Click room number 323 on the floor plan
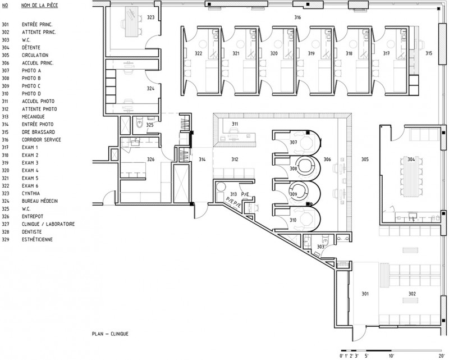[150, 17]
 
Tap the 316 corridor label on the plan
[297, 17]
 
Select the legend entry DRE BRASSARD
[38, 132]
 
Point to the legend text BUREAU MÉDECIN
[40, 201]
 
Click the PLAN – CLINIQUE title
[110, 334]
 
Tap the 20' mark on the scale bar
[441, 356]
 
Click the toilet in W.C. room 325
[139, 124]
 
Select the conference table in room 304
[411, 176]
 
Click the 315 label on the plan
[429, 53]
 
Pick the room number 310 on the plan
[293, 220]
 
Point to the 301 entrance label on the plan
[365, 294]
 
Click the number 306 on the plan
[327, 160]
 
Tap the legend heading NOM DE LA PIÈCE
[39, 6]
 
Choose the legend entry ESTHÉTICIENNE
[37, 240]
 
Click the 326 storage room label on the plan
[150, 160]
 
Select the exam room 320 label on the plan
[274, 53]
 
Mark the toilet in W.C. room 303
[326, 239]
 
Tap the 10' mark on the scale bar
[391, 356]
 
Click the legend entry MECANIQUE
[33, 117]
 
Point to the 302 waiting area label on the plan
[412, 294]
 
